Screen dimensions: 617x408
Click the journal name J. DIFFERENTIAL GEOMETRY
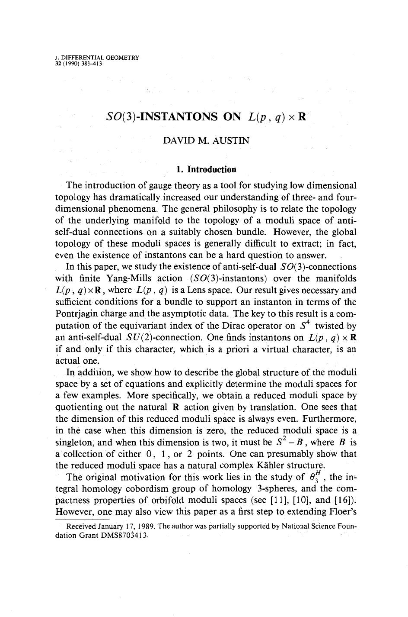point(97,58)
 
